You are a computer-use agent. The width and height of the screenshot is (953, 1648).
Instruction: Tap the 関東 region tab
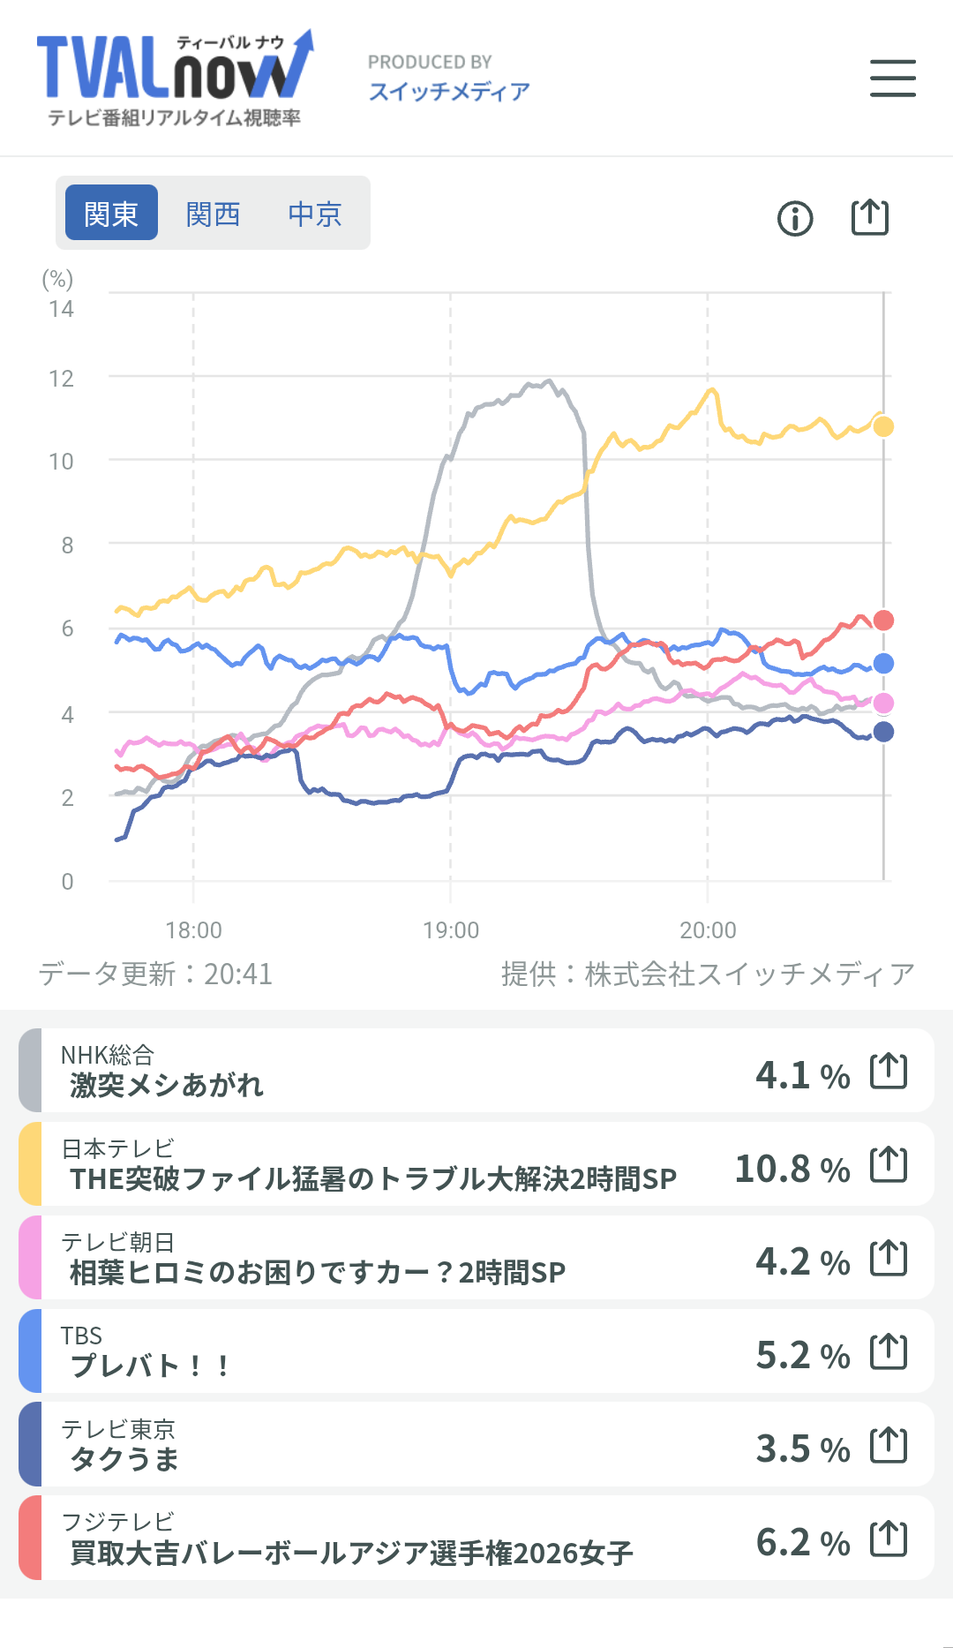click(112, 213)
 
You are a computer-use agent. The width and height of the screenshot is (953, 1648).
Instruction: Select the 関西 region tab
click(214, 214)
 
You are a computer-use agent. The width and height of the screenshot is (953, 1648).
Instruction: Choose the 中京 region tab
click(315, 214)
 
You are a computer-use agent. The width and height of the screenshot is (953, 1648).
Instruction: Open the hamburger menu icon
click(893, 78)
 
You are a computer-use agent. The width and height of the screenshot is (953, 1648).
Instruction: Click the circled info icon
click(795, 218)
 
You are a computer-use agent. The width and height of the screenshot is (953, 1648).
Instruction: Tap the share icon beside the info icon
click(870, 217)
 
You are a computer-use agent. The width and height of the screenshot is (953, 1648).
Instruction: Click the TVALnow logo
click(175, 78)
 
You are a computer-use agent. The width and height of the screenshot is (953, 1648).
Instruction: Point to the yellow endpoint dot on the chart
click(883, 426)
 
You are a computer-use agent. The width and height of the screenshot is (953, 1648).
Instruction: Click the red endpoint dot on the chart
click(883, 621)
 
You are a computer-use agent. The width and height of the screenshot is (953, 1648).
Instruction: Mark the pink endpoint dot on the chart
click(883, 703)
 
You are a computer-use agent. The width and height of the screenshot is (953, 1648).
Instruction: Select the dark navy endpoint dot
click(883, 732)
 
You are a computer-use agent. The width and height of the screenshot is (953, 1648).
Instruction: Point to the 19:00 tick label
click(451, 930)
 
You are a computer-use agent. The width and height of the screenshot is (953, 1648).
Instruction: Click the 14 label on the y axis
click(61, 309)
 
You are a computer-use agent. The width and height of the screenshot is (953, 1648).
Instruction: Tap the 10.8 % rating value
click(792, 1169)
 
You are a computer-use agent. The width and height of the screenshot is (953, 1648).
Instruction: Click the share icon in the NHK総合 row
click(889, 1071)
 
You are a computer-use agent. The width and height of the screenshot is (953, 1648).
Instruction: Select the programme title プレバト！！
click(150, 1366)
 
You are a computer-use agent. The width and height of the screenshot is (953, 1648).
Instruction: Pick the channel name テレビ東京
click(118, 1428)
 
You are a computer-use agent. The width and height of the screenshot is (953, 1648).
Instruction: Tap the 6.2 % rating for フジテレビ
click(803, 1542)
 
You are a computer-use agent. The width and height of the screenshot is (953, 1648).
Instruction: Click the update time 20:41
click(238, 974)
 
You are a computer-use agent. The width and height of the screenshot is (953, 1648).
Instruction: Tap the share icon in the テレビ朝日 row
click(889, 1258)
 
